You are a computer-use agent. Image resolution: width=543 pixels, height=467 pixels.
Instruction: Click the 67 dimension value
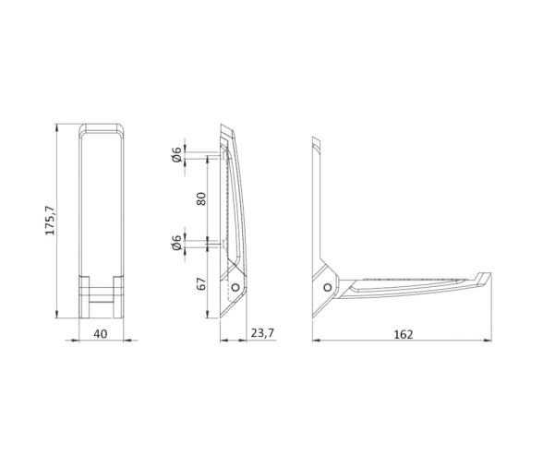click(x=200, y=282)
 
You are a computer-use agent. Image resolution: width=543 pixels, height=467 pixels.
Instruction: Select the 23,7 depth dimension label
click(x=262, y=334)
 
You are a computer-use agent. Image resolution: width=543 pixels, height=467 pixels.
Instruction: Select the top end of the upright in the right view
click(x=317, y=143)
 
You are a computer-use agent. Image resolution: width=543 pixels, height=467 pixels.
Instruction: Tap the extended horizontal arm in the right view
click(x=406, y=287)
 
